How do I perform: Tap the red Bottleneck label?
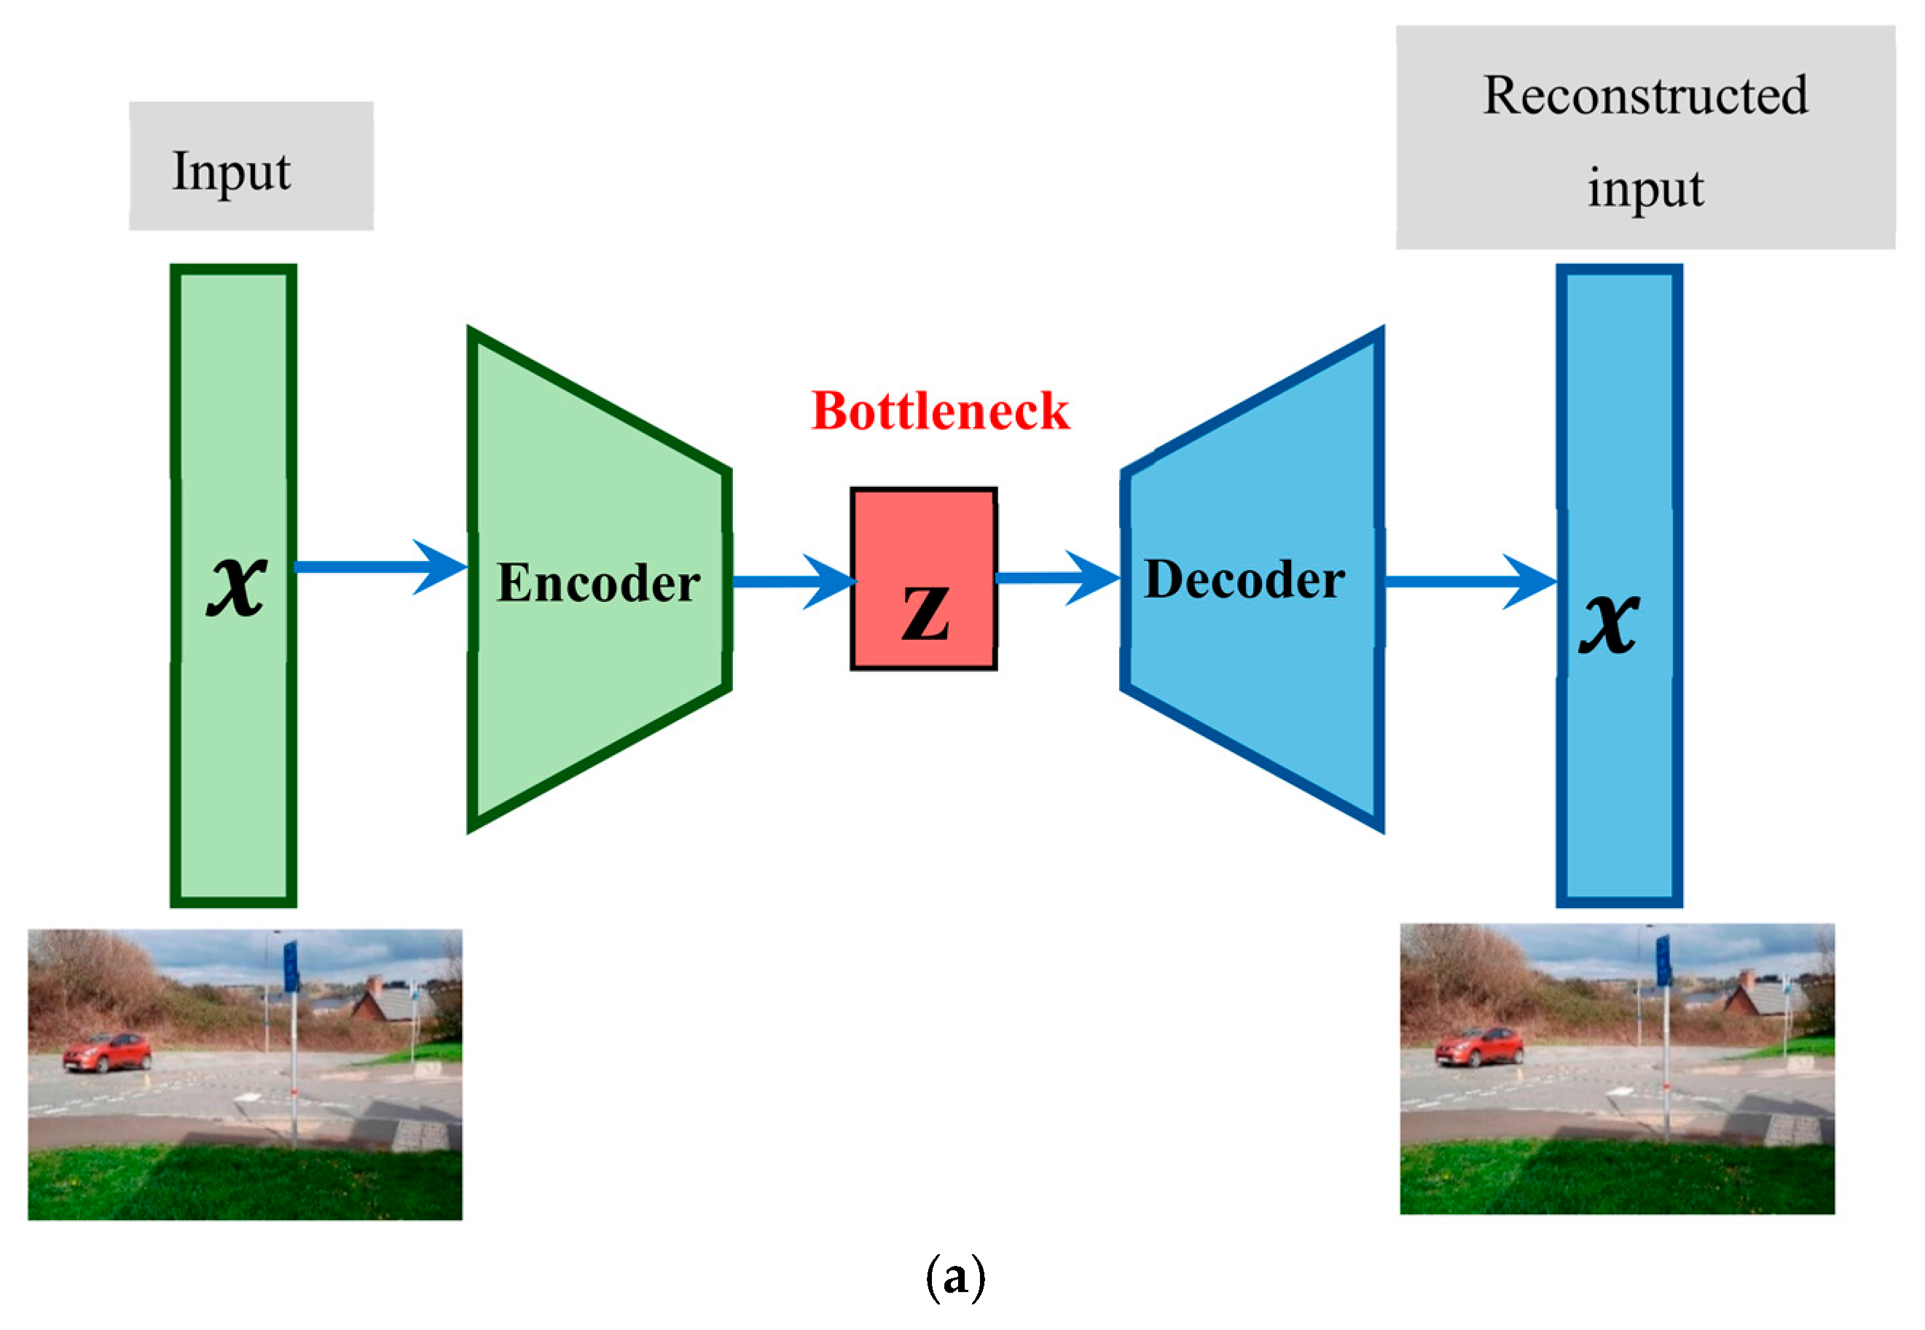click(x=940, y=411)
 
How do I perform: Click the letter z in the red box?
click(x=925, y=611)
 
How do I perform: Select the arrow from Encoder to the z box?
click(x=791, y=581)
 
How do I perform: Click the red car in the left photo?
click(x=106, y=1052)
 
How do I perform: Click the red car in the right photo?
click(x=1478, y=1047)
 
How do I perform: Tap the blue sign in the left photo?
click(x=291, y=966)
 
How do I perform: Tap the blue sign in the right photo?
click(x=1663, y=961)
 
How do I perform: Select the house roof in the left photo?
click(x=391, y=1004)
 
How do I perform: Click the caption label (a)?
click(x=955, y=1277)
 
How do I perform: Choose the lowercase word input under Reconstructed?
click(x=1644, y=187)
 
